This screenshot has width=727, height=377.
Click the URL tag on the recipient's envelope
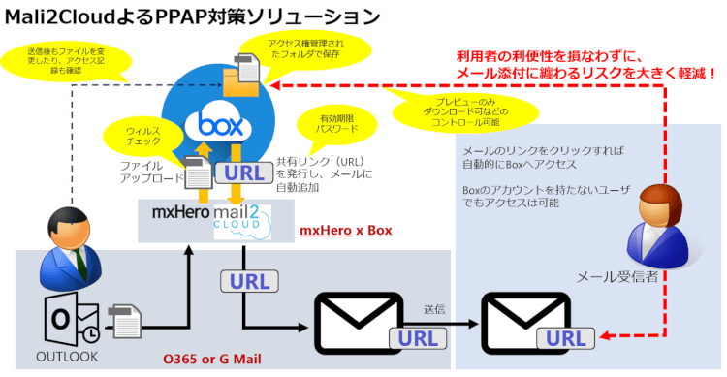[x=567, y=337]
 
